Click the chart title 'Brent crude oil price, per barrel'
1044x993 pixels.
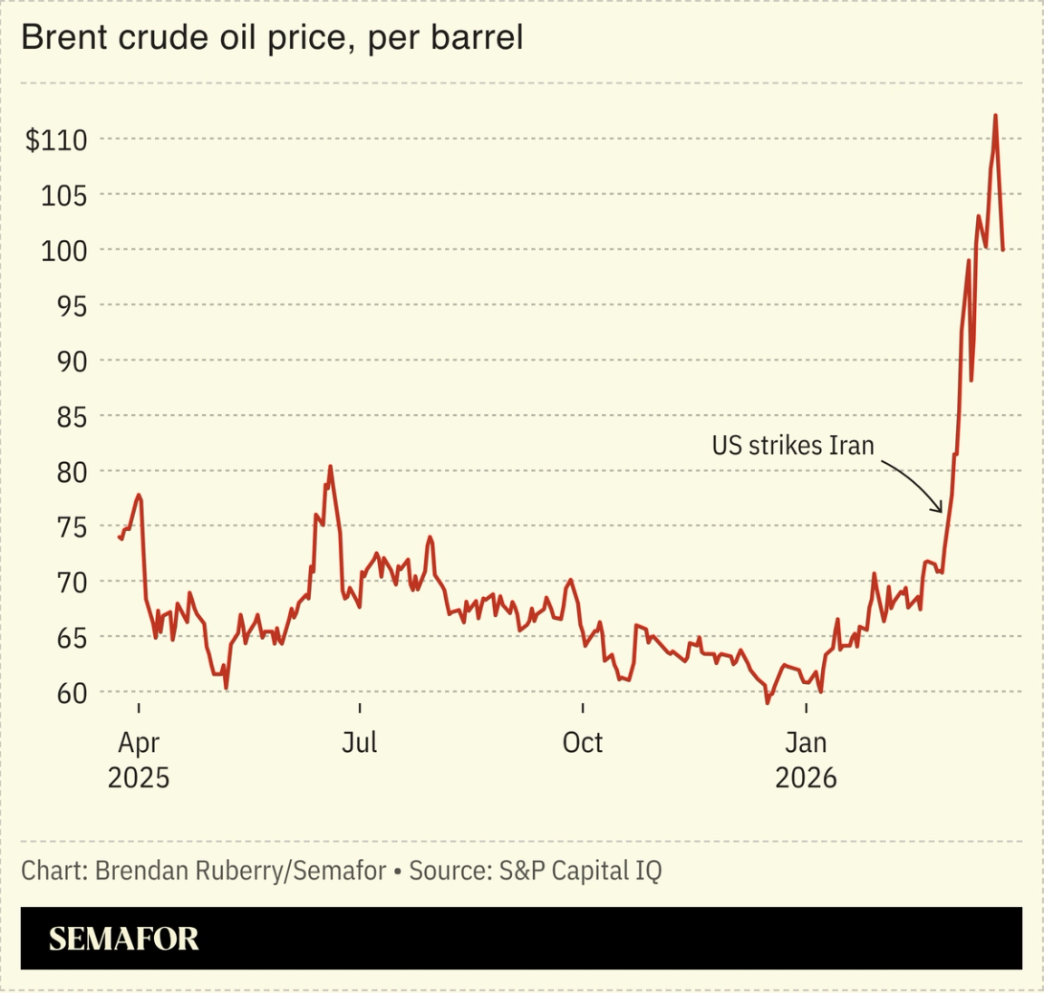click(x=272, y=38)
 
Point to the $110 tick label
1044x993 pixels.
click(x=56, y=140)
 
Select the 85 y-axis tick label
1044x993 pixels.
click(x=69, y=417)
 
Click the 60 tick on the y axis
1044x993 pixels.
click(x=71, y=693)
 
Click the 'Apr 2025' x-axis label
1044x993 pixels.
click(x=139, y=759)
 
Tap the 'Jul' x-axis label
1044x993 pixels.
click(x=359, y=742)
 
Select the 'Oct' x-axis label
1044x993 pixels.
click(x=582, y=742)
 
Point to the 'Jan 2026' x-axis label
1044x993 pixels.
click(x=806, y=759)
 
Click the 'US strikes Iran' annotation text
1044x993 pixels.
click(x=792, y=446)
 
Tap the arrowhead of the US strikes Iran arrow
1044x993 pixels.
click(x=940, y=511)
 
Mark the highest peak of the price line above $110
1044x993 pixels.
click(x=995, y=116)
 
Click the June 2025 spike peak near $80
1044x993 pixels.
click(x=330, y=467)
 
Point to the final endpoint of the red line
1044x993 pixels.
click(x=1002, y=249)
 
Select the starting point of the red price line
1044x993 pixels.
click(x=120, y=537)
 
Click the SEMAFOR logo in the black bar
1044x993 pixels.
click(x=124, y=939)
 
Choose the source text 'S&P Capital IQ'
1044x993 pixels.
click(x=580, y=871)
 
